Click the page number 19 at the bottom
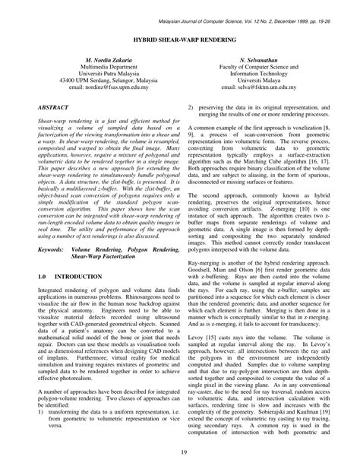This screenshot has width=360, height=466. pos(180,453)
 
